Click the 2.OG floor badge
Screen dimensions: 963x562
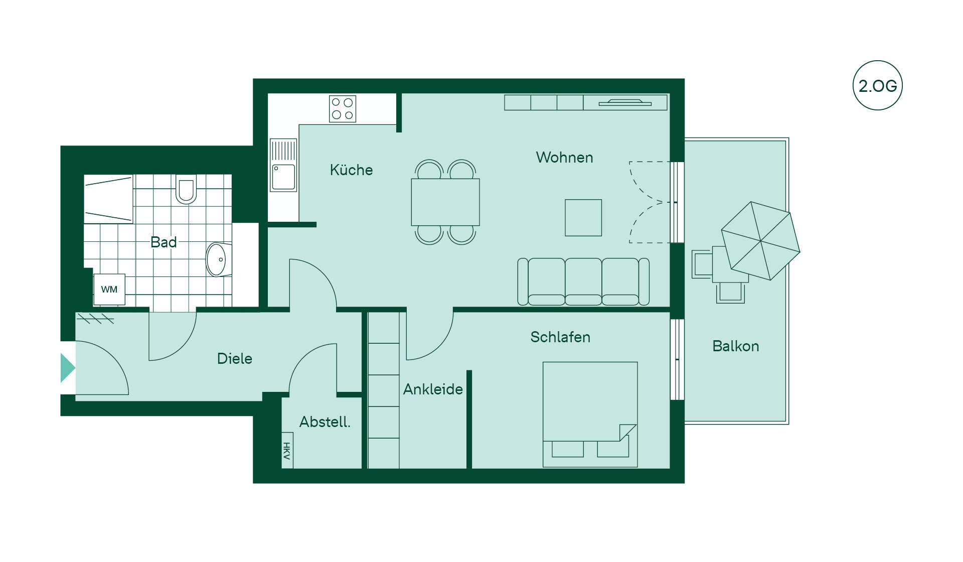878,85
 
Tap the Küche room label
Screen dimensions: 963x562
351,170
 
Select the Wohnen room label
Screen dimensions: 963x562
564,158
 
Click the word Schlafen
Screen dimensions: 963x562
560,337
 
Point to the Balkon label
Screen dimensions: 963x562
736,346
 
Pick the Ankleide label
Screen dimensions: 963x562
433,389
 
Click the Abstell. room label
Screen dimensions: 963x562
325,422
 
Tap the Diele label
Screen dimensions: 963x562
234,358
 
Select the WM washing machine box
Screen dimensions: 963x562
109,290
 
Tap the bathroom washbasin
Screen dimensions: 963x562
218,259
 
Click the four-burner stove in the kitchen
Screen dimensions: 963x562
343,109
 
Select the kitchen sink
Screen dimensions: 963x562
283,166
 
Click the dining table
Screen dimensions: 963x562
445,202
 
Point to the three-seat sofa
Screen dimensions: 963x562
583,282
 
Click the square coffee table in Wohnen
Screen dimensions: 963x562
583,218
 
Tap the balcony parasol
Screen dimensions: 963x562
761,241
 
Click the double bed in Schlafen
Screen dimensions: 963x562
590,414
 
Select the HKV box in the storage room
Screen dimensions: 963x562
287,450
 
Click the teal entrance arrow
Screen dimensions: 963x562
68,368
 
